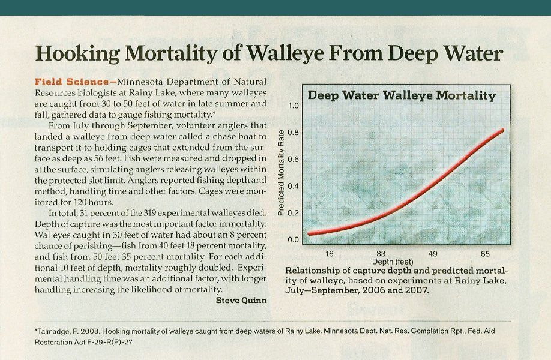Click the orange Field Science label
pyautogui.click(x=71, y=82)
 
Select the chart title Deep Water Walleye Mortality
pyautogui.click(x=402, y=95)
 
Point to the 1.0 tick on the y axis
pyautogui.click(x=293, y=106)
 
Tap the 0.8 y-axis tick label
pyautogui.click(x=293, y=133)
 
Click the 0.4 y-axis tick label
pyautogui.click(x=293, y=186)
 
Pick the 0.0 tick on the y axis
pyautogui.click(x=293, y=240)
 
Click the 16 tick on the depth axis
pyautogui.click(x=330, y=254)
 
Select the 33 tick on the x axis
pyautogui.click(x=381, y=254)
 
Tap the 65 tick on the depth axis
pyautogui.click(x=485, y=254)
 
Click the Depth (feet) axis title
pyautogui.click(x=393, y=262)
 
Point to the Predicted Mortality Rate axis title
pyautogui.click(x=281, y=172)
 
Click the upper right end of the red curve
pyautogui.click(x=502, y=130)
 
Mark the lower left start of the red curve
pyautogui.click(x=309, y=233)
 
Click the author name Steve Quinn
pyautogui.click(x=241, y=301)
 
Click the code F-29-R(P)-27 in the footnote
pyautogui.click(x=110, y=342)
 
